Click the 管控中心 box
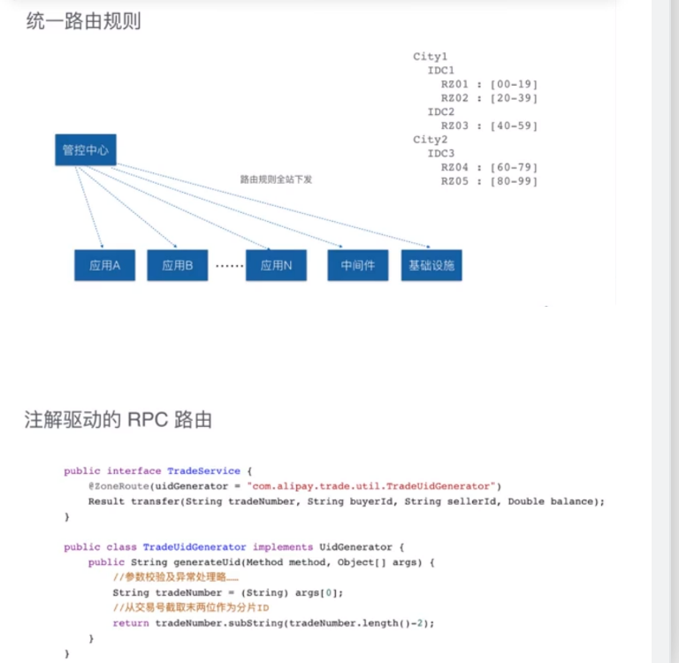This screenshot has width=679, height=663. click(x=85, y=150)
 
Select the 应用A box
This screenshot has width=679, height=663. click(x=104, y=265)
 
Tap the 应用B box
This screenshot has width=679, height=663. click(x=177, y=265)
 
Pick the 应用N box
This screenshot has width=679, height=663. click(x=276, y=265)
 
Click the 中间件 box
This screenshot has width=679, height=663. click(x=358, y=265)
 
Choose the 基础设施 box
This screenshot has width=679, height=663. click(x=431, y=265)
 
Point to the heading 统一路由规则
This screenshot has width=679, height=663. click(x=84, y=21)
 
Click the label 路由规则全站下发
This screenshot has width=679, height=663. click(x=276, y=179)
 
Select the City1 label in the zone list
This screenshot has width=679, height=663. click(x=431, y=57)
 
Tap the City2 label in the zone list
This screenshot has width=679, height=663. click(x=431, y=140)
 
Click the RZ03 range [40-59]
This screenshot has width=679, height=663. click(x=514, y=126)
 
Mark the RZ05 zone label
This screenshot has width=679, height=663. click(x=454, y=181)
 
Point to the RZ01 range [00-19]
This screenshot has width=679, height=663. click(x=514, y=84)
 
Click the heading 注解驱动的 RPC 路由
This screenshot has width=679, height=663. click(x=118, y=420)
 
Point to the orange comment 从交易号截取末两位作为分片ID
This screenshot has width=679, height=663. click(x=191, y=608)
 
